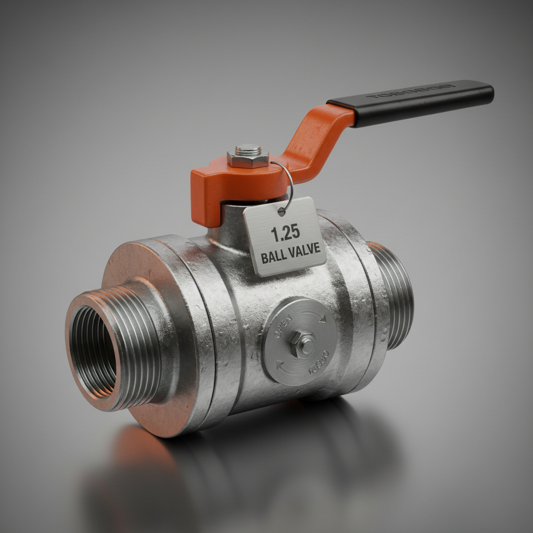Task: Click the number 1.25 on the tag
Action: (286, 234)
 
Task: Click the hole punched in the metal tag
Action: (282, 211)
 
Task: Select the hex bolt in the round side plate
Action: (302, 344)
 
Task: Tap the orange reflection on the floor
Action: (141, 453)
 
